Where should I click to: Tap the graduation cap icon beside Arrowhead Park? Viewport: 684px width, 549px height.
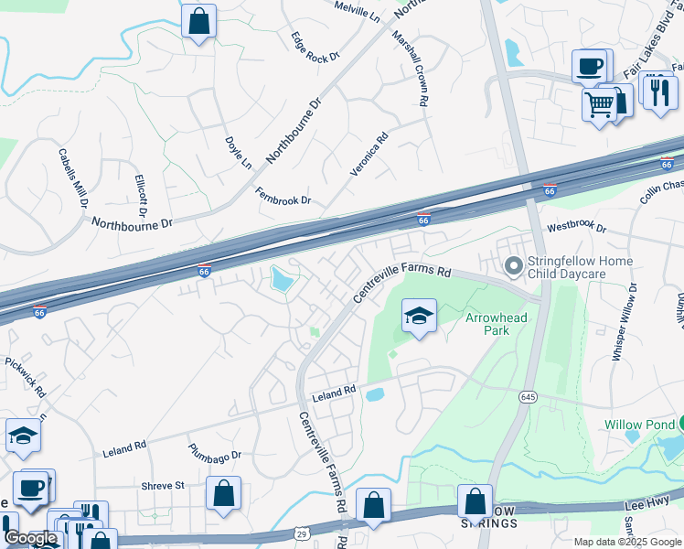(x=419, y=317)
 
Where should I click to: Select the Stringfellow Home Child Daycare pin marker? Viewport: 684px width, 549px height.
(x=514, y=266)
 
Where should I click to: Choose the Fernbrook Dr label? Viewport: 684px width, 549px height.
(x=283, y=195)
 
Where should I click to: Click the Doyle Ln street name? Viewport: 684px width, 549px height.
(x=238, y=153)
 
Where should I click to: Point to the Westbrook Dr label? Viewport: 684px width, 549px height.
(x=576, y=226)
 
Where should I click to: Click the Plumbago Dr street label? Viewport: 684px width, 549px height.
(x=215, y=454)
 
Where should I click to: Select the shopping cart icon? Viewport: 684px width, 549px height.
(x=600, y=104)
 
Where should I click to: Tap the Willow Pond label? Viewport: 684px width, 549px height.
(x=637, y=425)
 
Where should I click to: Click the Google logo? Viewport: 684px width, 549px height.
(x=31, y=538)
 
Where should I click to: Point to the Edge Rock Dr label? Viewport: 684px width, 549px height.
(x=315, y=47)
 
